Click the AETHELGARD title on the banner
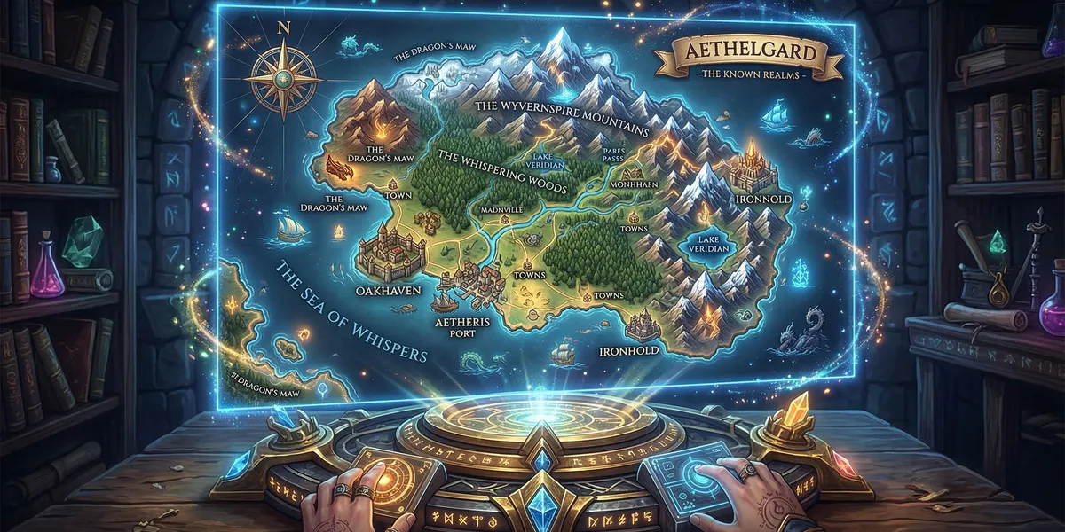[x=739, y=54]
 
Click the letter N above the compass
[x=284, y=27]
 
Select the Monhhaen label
[x=632, y=200]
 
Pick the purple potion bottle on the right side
[x=1053, y=301]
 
